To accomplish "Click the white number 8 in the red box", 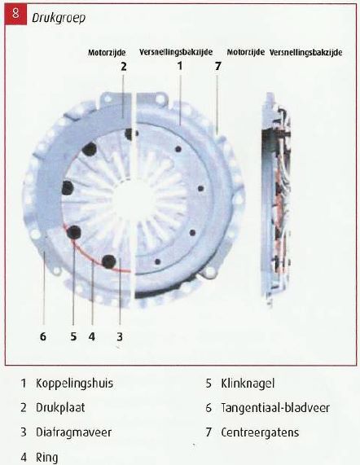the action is pos(15,14).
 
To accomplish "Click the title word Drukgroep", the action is pos(59,18).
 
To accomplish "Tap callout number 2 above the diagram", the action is pos(124,66).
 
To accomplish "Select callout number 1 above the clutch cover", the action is pos(180,65).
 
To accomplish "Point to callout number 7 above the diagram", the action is pos(218,66).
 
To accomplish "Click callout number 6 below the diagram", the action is pos(43,336).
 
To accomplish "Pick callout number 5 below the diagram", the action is pos(73,336).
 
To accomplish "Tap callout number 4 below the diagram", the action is pos(92,336).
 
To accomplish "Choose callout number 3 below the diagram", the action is pos(120,336).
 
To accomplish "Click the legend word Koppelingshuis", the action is pos(74,383).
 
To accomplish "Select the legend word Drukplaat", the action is pos(60,408).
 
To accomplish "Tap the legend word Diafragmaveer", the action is pos(73,432).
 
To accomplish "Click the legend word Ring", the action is pos(46,458).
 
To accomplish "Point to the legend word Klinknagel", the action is pos(248,383).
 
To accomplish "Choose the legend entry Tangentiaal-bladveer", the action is pos(275,408).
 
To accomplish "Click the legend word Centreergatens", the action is pos(260,432).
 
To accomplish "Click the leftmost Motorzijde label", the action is pos(107,53).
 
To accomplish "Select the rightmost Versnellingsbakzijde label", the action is pos(305,53).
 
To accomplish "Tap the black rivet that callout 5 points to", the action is pos(74,232).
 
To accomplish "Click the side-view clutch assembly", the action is pos(276,199).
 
